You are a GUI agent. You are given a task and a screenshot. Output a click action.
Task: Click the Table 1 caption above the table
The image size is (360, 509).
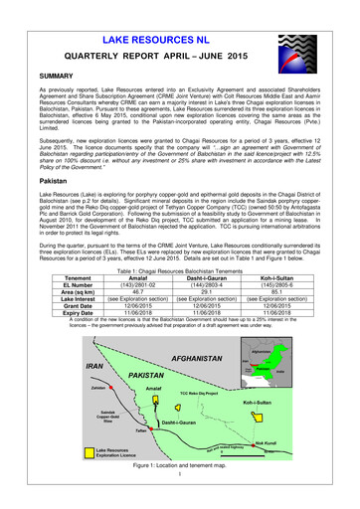pyautogui.click(x=180, y=270)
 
